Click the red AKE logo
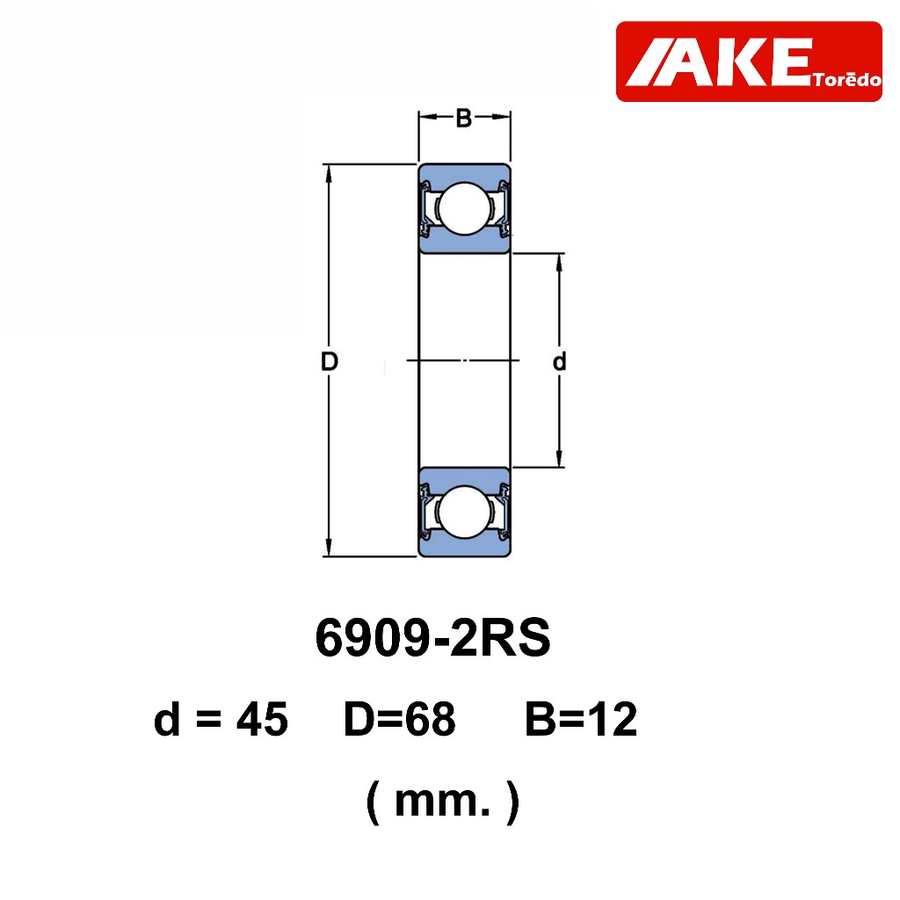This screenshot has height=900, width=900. [749, 62]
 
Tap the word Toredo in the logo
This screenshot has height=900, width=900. [847, 79]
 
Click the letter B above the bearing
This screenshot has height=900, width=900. [464, 118]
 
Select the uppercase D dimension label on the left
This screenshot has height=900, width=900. [329, 361]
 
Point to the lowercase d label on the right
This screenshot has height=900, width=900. [559, 361]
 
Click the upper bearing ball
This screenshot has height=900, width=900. [464, 208]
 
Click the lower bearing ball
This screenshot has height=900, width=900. [464, 512]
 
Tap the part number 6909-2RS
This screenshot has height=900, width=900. [432, 638]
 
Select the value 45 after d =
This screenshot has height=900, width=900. [262, 719]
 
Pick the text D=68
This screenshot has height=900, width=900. [400, 719]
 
